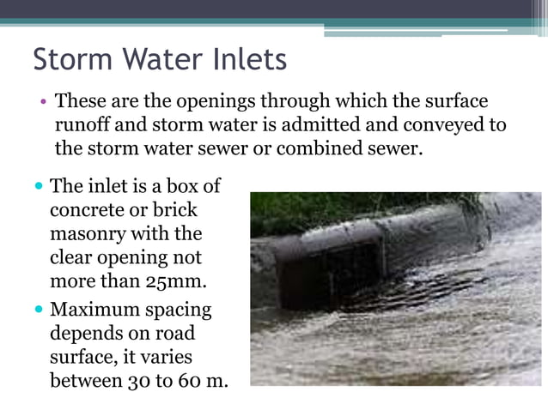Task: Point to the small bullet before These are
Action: [42, 102]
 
